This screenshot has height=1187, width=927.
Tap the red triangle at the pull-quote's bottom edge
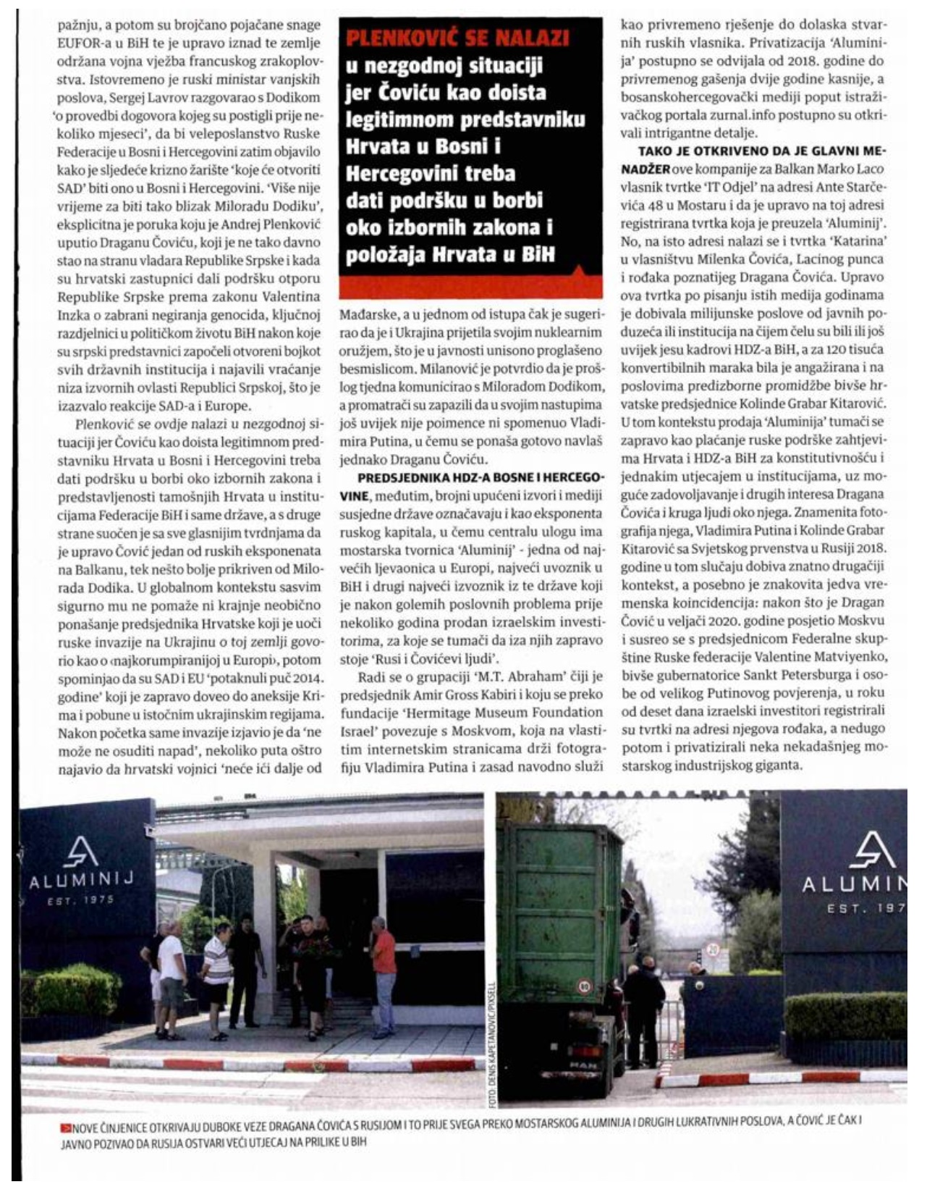tap(579, 274)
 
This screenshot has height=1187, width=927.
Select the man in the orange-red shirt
tap(383, 972)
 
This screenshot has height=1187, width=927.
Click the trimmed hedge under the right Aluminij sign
tap(845, 1015)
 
